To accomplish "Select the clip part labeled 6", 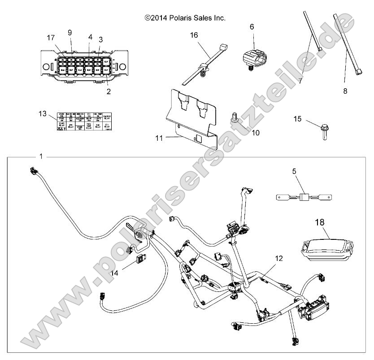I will pyautogui.click(x=254, y=58).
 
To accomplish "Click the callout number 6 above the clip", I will pyautogui.click(x=252, y=27).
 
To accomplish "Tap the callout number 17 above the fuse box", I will pyautogui.click(x=51, y=38).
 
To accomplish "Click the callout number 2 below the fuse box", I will pyautogui.click(x=108, y=91).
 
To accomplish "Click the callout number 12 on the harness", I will pyautogui.click(x=279, y=258).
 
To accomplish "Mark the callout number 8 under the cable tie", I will pyautogui.click(x=344, y=91).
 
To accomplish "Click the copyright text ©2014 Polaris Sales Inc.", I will pyautogui.click(x=185, y=18).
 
